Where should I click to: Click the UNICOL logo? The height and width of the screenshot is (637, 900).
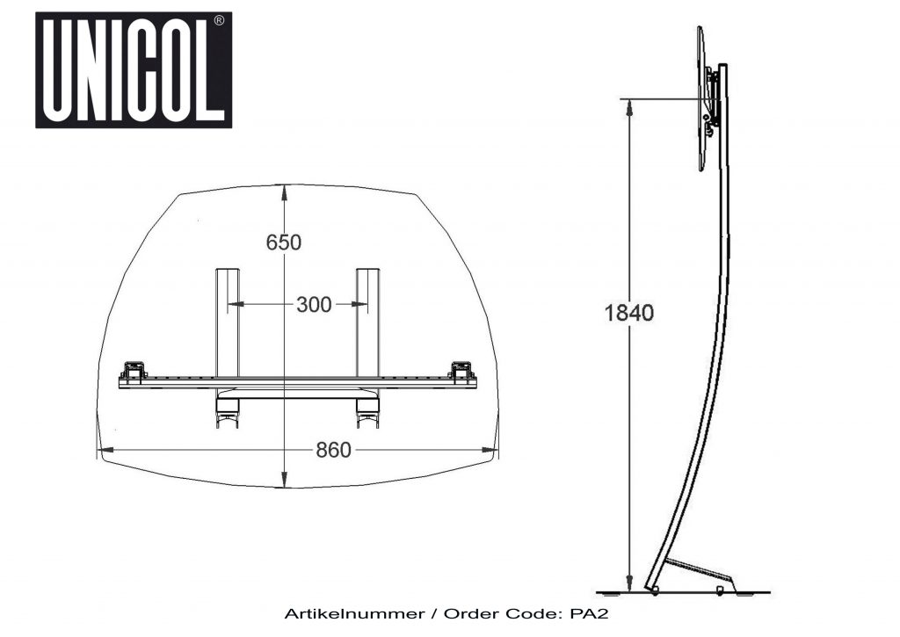[x=134, y=70]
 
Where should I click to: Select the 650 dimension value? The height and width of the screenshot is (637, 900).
[x=283, y=242]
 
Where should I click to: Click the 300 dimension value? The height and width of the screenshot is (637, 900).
[x=314, y=305]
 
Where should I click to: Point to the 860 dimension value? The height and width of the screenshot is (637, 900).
[x=333, y=451]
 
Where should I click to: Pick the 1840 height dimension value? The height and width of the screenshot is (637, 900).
[x=628, y=312]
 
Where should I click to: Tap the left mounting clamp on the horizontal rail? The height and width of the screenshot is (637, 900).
[x=134, y=372]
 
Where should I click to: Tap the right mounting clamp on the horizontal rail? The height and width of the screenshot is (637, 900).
[x=462, y=372]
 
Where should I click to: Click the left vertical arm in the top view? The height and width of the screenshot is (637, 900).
[x=228, y=321]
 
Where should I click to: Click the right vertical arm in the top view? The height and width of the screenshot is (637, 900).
[x=367, y=321]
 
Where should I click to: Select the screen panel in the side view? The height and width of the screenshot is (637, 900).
[x=701, y=98]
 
